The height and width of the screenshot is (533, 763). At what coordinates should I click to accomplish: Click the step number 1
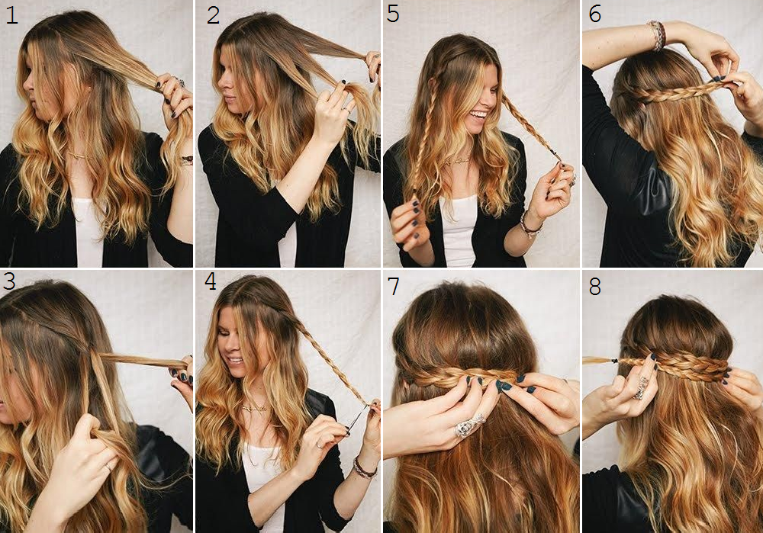pyautogui.click(x=11, y=15)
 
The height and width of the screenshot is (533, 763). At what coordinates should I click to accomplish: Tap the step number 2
pyautogui.click(x=213, y=15)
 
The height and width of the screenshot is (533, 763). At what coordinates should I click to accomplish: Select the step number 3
pyautogui.click(x=9, y=281)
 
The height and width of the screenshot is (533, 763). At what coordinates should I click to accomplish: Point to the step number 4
pyautogui.click(x=211, y=281)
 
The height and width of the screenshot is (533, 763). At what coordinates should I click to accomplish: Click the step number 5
pyautogui.click(x=393, y=14)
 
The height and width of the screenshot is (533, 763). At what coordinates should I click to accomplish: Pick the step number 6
pyautogui.click(x=594, y=14)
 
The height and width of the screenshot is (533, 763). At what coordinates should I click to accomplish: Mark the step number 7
pyautogui.click(x=394, y=286)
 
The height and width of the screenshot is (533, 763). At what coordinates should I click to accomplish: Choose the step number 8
pyautogui.click(x=594, y=286)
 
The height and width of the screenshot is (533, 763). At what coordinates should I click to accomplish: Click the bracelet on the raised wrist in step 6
pyautogui.click(x=657, y=34)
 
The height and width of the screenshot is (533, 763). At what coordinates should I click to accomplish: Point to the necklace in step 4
pyautogui.click(x=255, y=407)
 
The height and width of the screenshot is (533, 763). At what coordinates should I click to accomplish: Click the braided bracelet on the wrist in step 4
pyautogui.click(x=364, y=468)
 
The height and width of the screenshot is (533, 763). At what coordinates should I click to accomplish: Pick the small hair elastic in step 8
pyautogui.click(x=615, y=361)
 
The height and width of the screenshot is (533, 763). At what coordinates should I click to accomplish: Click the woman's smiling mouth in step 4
pyautogui.click(x=235, y=361)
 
